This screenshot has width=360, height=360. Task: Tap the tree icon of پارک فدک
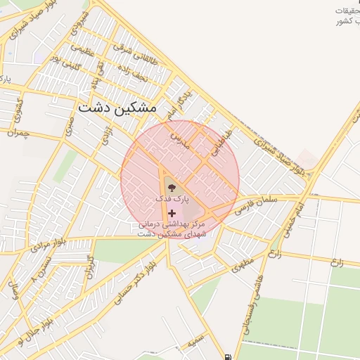pos(172,187)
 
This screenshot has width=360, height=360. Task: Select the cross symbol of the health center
pos(172,212)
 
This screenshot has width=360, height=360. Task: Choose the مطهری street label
pos(242,264)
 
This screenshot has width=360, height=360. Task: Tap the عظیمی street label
pos(82,50)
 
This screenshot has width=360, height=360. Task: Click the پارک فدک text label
pos(173,200)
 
